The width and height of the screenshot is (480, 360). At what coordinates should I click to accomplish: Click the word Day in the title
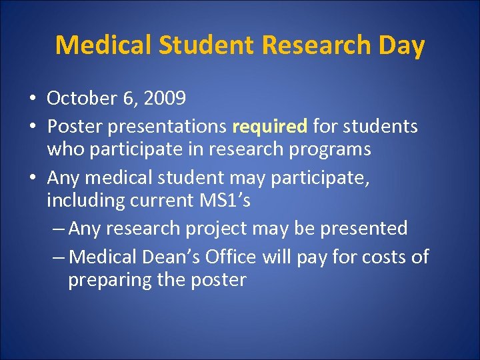[403, 45]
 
